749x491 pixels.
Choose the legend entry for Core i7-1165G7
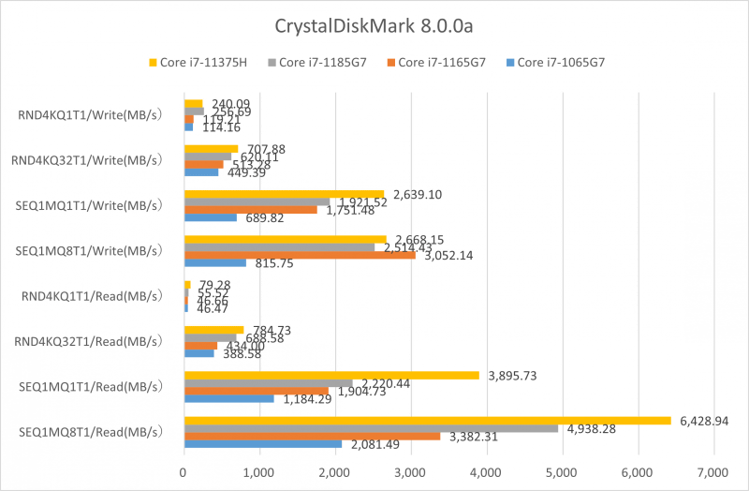[x=441, y=63]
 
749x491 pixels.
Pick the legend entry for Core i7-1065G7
[x=560, y=63]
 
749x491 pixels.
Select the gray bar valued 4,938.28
[x=371, y=428]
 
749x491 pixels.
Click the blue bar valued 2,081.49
[x=262, y=444]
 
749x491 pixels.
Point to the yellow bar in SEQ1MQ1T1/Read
[x=331, y=375]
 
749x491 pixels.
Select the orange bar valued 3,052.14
[x=300, y=255]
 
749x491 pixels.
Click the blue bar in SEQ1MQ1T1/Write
[x=210, y=217]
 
